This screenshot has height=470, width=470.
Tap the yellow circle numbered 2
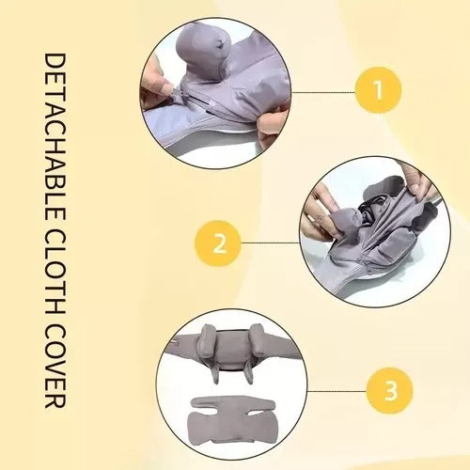point(218,244)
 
